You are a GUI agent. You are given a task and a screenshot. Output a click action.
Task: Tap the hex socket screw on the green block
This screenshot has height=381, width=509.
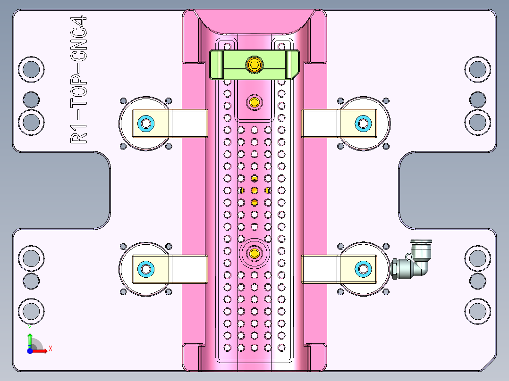click(254, 65)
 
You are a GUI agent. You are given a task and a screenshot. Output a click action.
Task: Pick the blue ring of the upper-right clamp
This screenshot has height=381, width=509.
click(363, 124)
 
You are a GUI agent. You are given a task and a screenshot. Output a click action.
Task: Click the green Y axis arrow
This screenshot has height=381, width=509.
click(29, 339)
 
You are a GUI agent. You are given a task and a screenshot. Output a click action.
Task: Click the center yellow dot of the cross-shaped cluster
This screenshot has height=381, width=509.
click(254, 190)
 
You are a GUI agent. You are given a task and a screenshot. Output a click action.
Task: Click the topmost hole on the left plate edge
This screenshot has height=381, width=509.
click(31, 69)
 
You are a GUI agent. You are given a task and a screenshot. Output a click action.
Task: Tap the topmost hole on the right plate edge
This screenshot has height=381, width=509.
click(477, 69)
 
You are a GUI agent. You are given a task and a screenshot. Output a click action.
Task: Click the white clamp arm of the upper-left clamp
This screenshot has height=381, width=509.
click(189, 124)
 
